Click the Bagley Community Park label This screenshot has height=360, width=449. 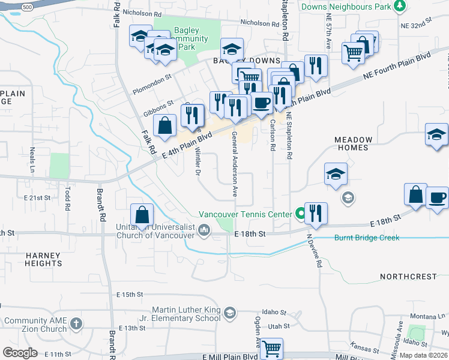point(190,38)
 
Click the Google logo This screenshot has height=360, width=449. point(20,353)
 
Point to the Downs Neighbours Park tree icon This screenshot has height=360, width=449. point(399,7)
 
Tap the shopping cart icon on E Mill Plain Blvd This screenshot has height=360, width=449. point(272,347)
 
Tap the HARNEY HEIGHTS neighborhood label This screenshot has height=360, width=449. point(43,259)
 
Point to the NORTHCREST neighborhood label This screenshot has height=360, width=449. point(409,277)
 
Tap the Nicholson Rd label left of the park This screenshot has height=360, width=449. point(142,12)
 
